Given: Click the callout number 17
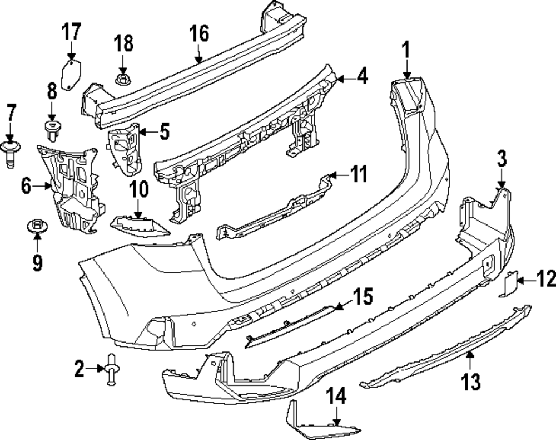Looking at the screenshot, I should (x=71, y=32).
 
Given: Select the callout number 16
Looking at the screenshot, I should (x=198, y=34).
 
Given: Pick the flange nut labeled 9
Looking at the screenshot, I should (x=37, y=227).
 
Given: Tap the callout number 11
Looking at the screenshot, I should (x=359, y=175).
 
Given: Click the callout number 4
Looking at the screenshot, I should (x=361, y=75).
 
